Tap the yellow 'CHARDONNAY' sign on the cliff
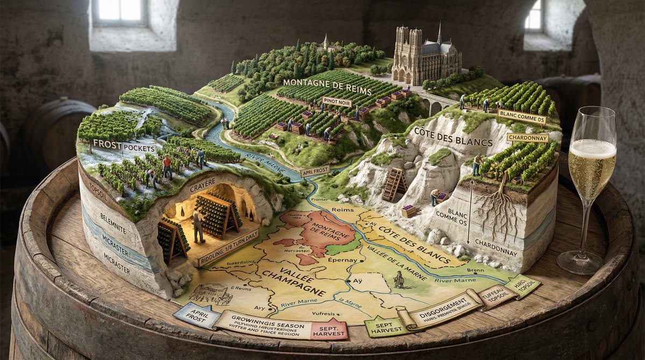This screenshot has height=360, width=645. (x=527, y=138)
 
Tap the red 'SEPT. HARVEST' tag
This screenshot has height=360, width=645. (x=329, y=332)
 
